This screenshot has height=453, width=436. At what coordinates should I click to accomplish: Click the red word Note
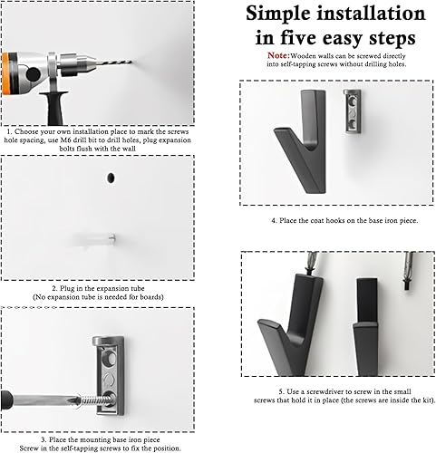(277, 55)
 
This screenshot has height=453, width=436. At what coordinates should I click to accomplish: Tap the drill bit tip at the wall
(131, 62)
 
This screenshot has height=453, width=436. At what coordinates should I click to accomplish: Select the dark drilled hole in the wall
(111, 178)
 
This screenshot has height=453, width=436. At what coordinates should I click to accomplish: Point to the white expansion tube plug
(94, 239)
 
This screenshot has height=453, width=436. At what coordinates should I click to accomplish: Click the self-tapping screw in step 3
(94, 400)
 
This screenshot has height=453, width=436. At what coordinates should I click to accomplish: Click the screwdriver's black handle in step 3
(6, 400)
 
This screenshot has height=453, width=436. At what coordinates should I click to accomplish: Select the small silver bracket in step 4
(352, 111)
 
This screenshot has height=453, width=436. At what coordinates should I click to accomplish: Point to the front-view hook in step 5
(365, 327)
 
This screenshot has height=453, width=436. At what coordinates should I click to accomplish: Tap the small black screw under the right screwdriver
(408, 285)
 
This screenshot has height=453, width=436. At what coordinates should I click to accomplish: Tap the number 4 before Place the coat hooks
(273, 221)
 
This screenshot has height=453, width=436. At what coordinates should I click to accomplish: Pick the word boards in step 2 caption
(151, 297)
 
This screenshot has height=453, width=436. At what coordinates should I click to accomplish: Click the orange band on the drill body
(6, 73)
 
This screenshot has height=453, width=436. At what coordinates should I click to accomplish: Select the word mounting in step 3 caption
(91, 440)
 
